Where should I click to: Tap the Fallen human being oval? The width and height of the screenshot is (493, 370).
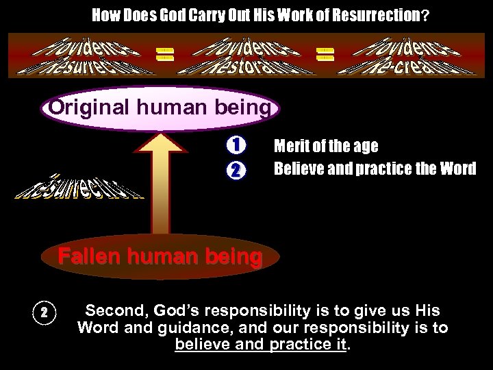coord(159,258)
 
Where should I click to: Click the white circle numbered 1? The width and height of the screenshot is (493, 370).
coord(235,146)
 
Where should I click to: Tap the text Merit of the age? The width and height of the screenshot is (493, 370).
coord(325,147)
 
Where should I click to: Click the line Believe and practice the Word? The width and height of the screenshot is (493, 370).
coord(375,168)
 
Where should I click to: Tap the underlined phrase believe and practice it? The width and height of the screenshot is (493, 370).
coord(261,343)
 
